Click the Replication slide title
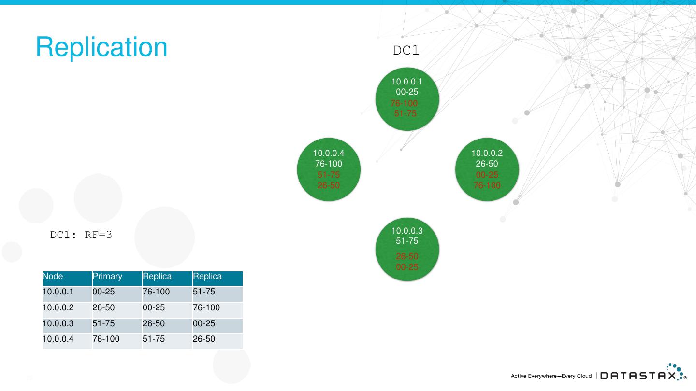point(101,47)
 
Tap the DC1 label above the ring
point(406,51)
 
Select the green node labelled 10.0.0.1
point(407,99)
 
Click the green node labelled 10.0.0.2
point(487,169)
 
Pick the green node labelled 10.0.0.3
point(407,250)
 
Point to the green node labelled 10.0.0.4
point(329,169)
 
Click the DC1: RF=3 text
point(81,235)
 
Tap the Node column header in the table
point(53,277)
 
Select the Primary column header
point(107,277)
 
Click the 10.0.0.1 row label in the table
point(58,292)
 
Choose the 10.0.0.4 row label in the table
point(58,339)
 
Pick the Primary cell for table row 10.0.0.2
point(104,307)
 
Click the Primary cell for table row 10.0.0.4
point(106,339)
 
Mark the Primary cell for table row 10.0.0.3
point(104,323)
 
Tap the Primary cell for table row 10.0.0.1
point(104,292)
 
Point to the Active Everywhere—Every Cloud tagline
point(551,376)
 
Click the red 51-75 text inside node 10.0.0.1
point(405,114)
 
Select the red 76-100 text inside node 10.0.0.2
point(487,185)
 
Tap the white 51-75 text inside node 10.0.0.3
point(407,241)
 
